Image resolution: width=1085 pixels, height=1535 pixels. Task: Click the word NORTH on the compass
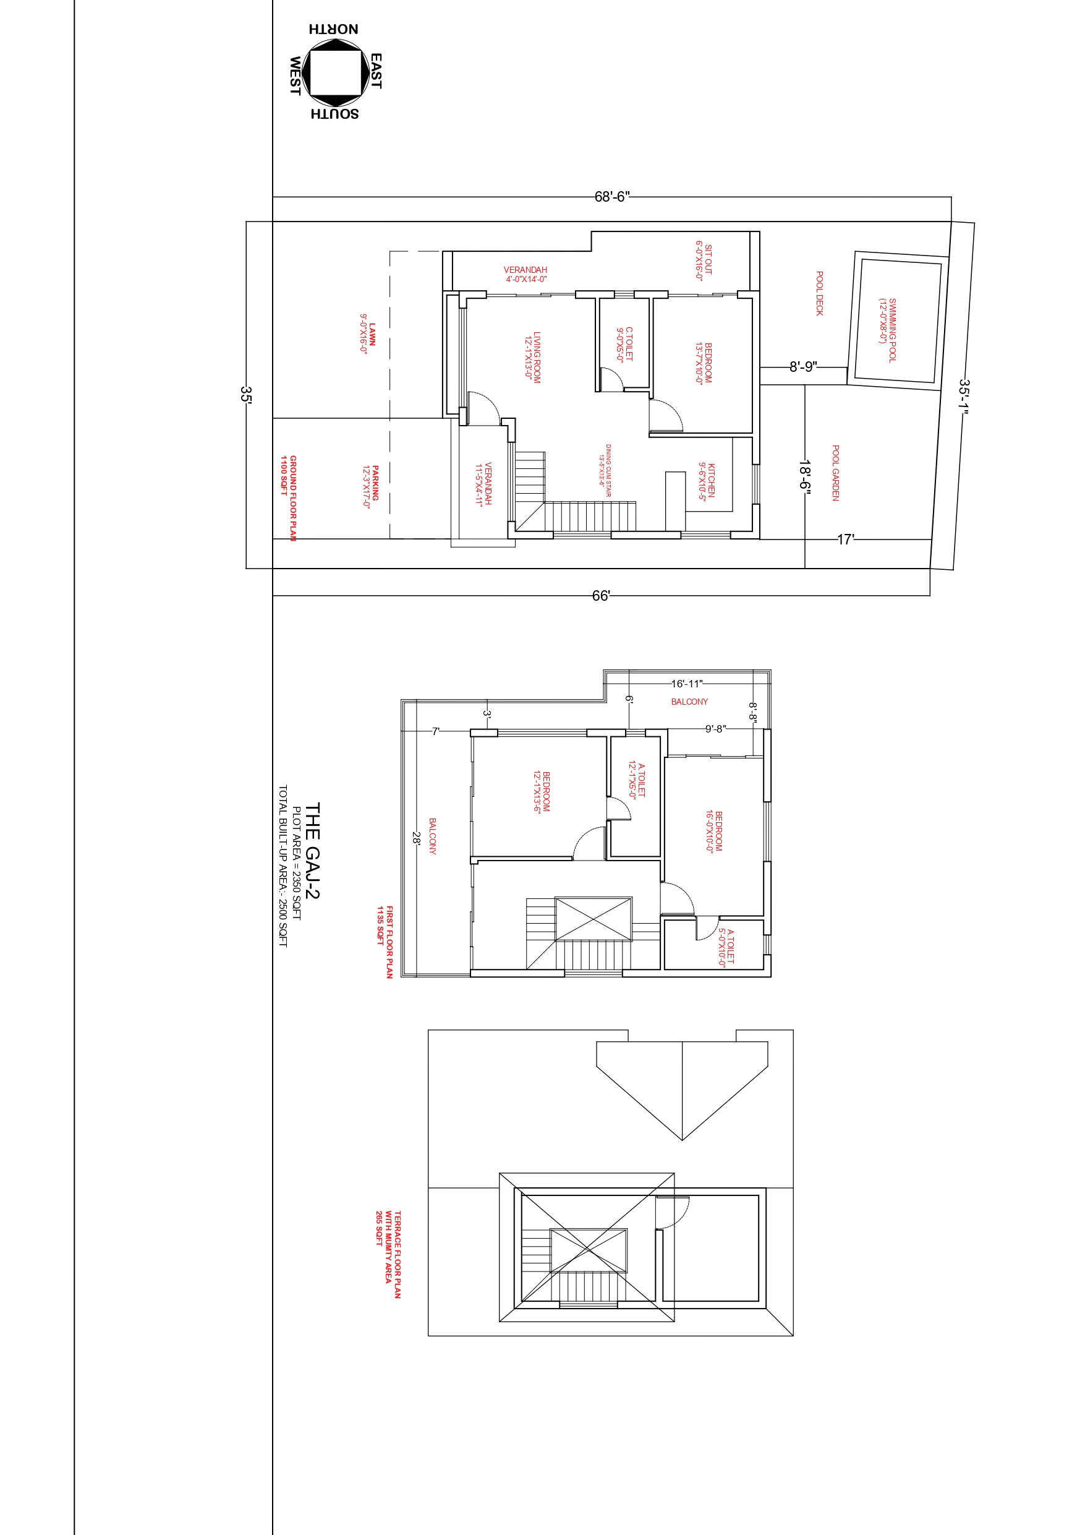pos(333,28)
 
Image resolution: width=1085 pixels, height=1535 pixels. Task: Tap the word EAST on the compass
pos(376,71)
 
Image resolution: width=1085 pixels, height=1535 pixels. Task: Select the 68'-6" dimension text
pos(612,197)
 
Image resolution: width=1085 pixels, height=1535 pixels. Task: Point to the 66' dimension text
pos(601,596)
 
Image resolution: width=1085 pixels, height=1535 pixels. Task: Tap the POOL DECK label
pos(820,293)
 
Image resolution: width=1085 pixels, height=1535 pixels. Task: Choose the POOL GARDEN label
pos(836,473)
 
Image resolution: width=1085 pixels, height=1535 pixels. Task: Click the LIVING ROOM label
pos(537,357)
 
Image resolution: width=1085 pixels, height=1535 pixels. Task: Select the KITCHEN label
pos(712,480)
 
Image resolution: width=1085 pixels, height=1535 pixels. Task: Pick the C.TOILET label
pos(629,343)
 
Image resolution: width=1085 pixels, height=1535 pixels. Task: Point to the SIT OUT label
pos(709,259)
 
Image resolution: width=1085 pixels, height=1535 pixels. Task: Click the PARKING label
pos(375,483)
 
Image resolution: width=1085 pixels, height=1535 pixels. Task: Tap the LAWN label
pos(372,334)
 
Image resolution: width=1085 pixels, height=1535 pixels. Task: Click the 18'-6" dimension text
pos(805,475)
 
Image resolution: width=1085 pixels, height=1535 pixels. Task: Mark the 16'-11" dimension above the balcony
pos(687,683)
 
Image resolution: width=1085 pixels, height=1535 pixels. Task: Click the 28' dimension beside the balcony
pos(416,838)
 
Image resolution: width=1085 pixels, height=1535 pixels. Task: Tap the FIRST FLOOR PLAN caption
pos(389,942)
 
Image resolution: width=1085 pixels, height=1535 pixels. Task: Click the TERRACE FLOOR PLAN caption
pos(398,1255)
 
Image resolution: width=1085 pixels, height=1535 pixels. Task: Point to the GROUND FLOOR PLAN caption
pos(292,498)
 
